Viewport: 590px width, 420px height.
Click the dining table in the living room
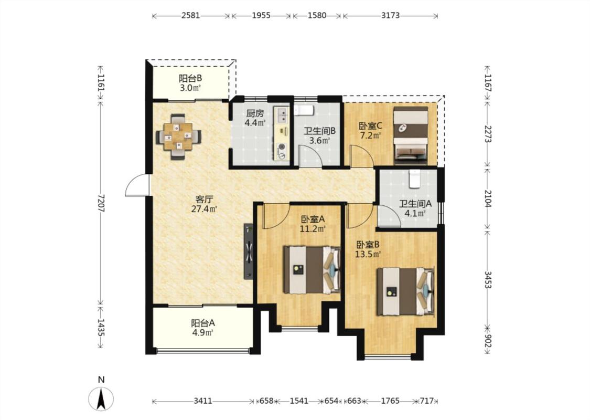178,136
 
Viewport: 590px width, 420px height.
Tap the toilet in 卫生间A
414,179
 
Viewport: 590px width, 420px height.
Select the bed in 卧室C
411,135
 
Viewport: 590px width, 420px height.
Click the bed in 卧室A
312,270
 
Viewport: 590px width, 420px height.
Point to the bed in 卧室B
405,291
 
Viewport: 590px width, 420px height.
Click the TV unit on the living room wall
249,251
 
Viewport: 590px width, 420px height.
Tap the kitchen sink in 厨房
282,115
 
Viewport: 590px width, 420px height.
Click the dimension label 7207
101,203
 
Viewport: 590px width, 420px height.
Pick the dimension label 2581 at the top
191,15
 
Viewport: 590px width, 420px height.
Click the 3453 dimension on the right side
488,279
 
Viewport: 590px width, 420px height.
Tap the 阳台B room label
190,78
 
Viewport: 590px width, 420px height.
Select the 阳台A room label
203,323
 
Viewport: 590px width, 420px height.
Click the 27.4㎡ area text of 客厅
205,209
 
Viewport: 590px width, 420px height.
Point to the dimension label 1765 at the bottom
390,401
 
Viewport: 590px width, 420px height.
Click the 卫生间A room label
415,204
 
